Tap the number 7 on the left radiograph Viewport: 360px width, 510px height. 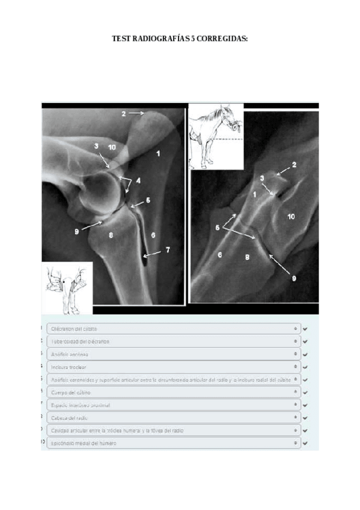tap(168, 249)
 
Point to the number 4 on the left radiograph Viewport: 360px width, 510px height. tap(138, 180)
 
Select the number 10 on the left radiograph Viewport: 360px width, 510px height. tap(112, 147)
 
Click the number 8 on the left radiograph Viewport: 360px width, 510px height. tap(111, 236)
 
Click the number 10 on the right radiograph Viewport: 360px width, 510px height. tap(291, 216)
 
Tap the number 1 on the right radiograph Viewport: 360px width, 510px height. tap(254, 195)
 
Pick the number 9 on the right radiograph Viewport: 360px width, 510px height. tap(294, 278)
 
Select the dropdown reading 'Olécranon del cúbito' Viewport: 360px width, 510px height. tap(173, 329)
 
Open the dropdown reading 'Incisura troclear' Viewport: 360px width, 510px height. tap(173, 366)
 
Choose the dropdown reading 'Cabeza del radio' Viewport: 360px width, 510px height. tap(173, 417)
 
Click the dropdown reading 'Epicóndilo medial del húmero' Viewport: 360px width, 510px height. tap(173, 443)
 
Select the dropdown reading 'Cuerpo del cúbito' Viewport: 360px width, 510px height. tap(173, 392)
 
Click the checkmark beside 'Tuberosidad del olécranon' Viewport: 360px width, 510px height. tap(305, 342)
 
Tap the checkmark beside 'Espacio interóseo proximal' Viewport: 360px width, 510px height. tap(305, 405)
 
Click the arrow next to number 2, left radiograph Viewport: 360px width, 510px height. tap(135, 112)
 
